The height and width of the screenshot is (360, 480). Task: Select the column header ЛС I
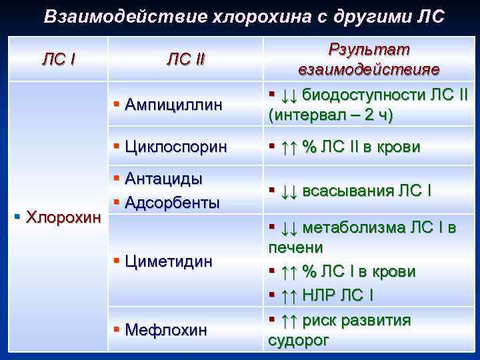click(59, 60)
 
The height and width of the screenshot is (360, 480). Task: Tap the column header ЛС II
click(185, 60)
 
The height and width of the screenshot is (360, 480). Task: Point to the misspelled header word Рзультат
click(369, 50)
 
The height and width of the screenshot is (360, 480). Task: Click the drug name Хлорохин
click(64, 217)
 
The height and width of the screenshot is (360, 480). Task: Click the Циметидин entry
click(168, 261)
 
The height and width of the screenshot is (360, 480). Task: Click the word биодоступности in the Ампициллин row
click(361, 95)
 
